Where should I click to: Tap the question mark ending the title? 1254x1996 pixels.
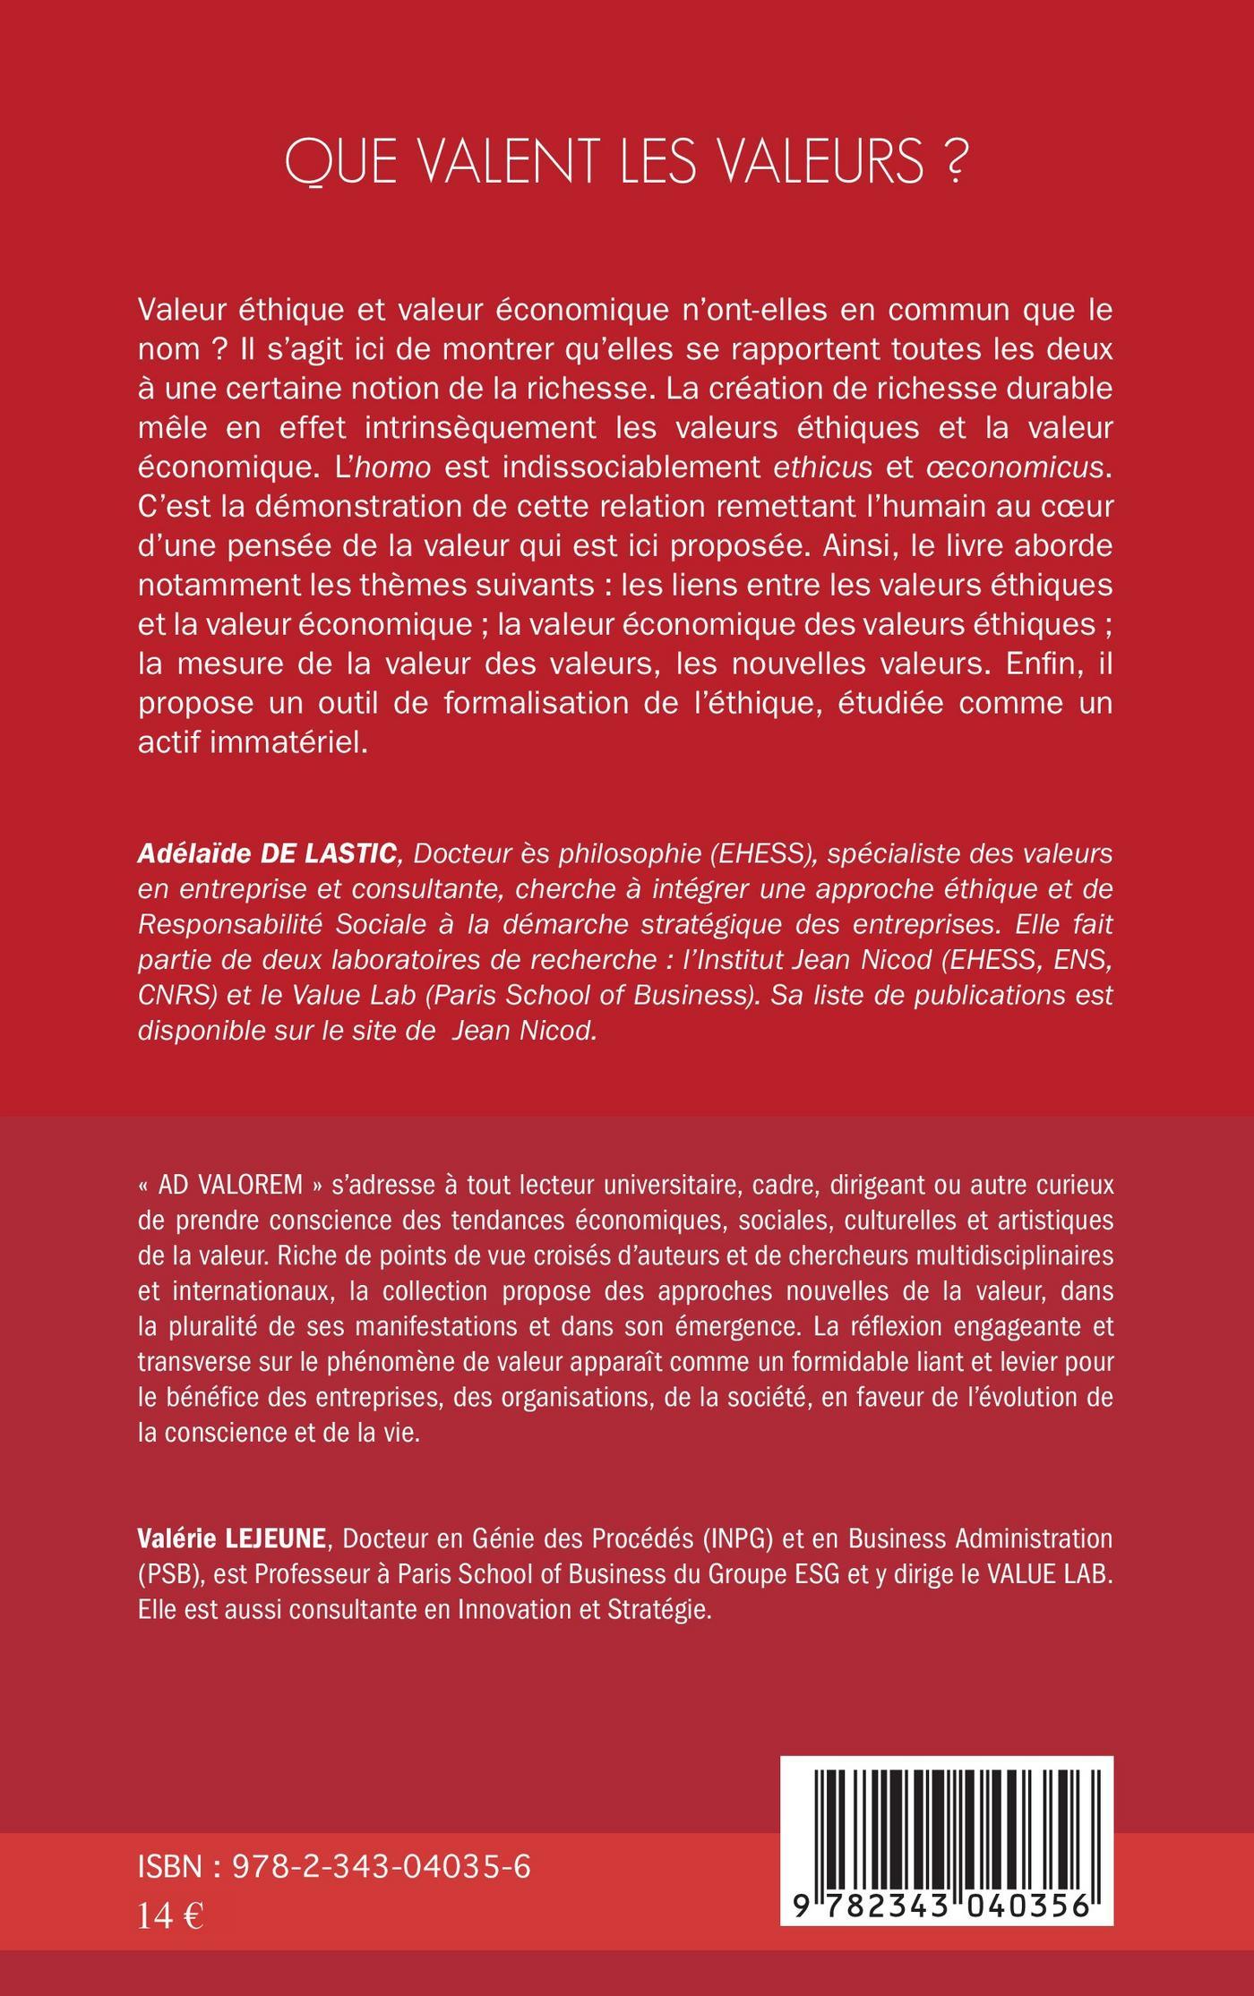click(x=958, y=162)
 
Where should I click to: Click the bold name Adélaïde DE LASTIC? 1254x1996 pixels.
click(x=267, y=853)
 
